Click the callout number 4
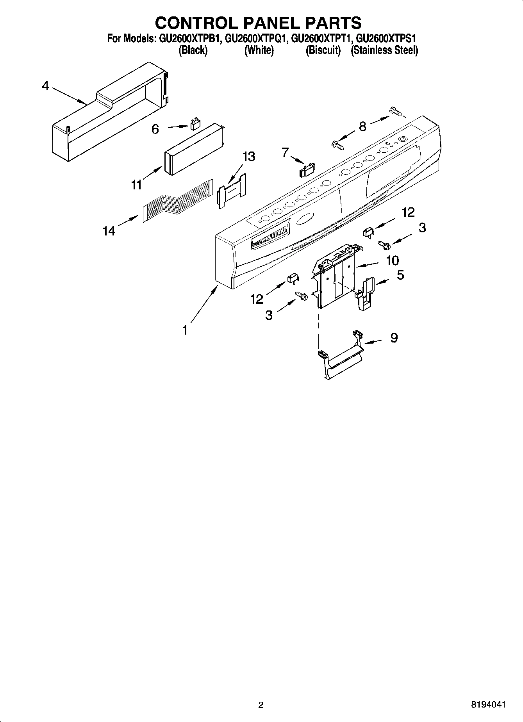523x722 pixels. (x=46, y=86)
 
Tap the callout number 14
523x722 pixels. (x=109, y=231)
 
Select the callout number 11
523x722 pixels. (x=136, y=184)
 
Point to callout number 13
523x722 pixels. (x=248, y=157)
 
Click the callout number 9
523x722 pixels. (x=394, y=338)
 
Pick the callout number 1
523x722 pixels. (x=185, y=330)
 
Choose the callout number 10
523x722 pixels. (x=392, y=260)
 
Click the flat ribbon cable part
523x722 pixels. (x=178, y=203)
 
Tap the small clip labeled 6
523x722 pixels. (x=194, y=125)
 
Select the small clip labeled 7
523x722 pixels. (x=307, y=169)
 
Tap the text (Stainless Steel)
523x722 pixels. (x=384, y=50)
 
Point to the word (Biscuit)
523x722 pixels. (x=323, y=50)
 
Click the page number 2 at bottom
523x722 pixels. (x=261, y=705)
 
